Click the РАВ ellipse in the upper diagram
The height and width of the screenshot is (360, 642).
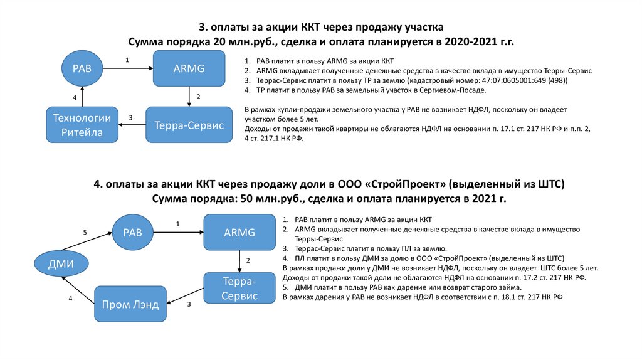coord(82,68)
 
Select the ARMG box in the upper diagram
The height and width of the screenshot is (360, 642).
coord(189,68)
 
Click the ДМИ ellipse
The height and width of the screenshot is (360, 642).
coord(61,263)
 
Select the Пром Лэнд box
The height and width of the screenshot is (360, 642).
coord(130,305)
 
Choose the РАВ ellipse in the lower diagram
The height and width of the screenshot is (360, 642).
coord(133,232)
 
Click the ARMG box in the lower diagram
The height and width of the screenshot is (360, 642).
coord(239,232)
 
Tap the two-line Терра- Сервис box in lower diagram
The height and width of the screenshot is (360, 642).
coord(240,289)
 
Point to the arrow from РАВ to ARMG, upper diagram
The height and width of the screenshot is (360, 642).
coord(128,68)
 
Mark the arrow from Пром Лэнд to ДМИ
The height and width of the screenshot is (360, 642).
coord(76,292)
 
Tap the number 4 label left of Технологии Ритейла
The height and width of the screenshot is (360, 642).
coord(74,98)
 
